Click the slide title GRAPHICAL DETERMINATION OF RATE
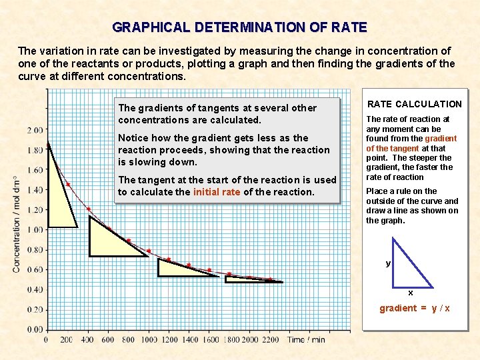pos(239,27)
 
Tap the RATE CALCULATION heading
pos(415,104)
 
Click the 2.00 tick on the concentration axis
pos(35,129)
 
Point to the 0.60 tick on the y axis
pos(35,269)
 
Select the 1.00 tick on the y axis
pos(35,229)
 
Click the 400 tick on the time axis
pos(87,340)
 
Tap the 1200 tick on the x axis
pos(169,340)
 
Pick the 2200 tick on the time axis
pos(271,340)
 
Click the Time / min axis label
pos(307,340)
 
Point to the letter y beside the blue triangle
pos(388,263)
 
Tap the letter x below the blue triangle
pos(411,293)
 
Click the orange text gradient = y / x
pos(415,308)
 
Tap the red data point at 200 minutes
pos(67,184)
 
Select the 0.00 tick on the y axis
pos(35,329)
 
